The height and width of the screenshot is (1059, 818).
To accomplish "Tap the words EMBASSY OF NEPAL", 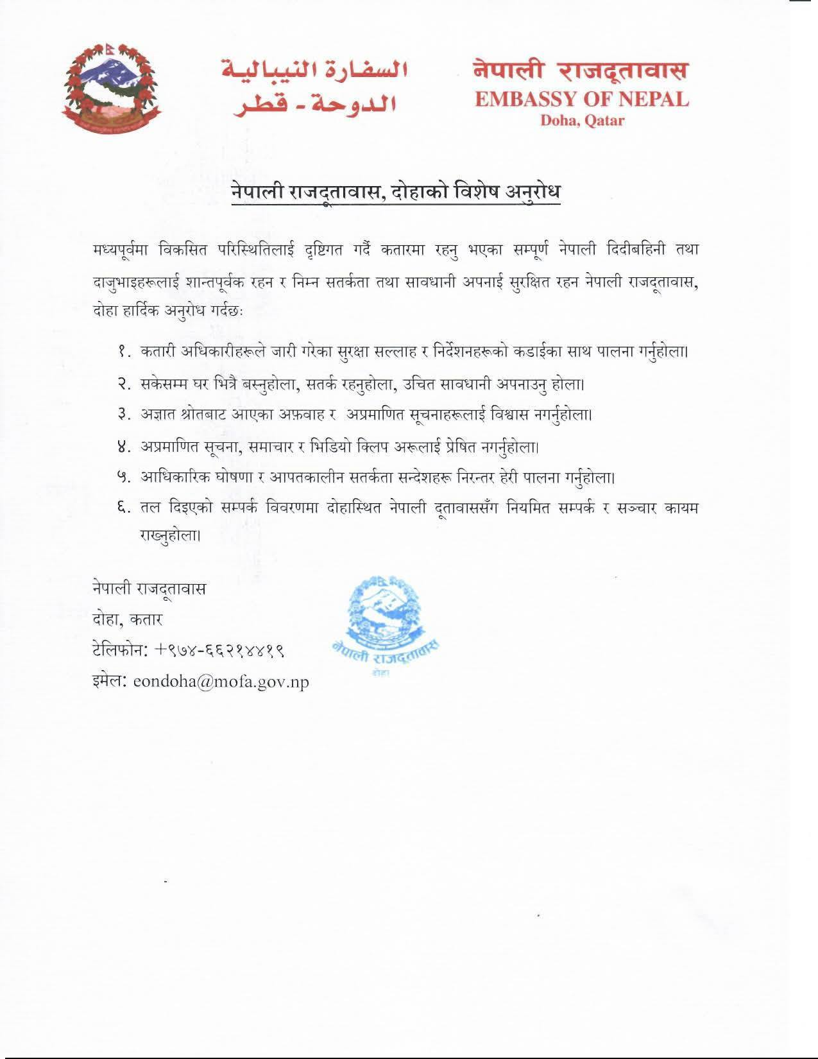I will (582, 99).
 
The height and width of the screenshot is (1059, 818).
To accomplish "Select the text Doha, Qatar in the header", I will (582, 120).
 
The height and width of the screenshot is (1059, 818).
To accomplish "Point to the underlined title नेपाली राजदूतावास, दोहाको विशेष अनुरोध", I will (396, 193).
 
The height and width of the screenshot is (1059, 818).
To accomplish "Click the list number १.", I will (124, 352).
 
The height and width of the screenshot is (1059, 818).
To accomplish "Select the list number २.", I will (124, 384).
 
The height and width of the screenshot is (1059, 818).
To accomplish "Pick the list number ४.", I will (124, 446).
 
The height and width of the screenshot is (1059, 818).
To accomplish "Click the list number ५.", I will (124, 478).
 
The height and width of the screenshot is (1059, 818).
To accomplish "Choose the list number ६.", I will (124, 508).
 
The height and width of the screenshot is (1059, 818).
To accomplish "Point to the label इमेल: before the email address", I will (110, 682).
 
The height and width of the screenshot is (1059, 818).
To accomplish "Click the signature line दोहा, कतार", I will (128, 620).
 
